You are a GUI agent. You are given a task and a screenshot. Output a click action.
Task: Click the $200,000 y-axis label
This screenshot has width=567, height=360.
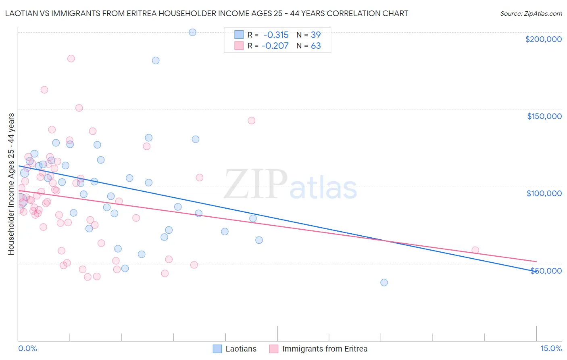(x=543, y=39)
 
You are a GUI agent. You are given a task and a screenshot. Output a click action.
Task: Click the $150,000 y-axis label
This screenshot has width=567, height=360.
(x=544, y=116)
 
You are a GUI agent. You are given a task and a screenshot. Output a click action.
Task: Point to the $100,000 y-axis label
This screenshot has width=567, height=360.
(x=544, y=193)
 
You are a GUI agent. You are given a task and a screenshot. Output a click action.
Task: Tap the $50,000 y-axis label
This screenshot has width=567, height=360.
(x=546, y=270)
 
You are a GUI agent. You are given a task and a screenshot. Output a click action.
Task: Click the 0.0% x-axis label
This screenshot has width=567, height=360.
(x=27, y=348)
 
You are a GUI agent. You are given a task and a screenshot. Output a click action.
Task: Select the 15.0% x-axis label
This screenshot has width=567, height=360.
(x=551, y=348)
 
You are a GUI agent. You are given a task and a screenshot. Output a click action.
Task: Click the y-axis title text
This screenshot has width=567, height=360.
(x=11, y=184)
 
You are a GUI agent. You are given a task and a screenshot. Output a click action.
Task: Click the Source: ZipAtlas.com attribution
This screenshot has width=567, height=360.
(x=531, y=13)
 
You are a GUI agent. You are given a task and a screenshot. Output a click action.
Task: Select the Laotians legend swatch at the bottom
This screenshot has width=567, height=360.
(x=217, y=349)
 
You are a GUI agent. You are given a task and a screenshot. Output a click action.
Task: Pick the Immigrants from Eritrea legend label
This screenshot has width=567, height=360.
(x=325, y=349)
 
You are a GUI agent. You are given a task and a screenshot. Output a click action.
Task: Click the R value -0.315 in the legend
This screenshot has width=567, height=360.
(x=276, y=35)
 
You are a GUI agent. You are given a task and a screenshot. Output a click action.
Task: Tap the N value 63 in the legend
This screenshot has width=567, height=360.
(x=316, y=46)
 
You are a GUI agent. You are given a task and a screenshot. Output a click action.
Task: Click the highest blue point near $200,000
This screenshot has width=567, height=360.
(x=192, y=32)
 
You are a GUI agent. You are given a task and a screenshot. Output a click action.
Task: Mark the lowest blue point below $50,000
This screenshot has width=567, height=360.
(x=384, y=283)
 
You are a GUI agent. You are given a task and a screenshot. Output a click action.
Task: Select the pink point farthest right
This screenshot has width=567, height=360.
(x=475, y=250)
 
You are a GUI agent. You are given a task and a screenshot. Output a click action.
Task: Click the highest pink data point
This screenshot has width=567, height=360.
(x=71, y=59)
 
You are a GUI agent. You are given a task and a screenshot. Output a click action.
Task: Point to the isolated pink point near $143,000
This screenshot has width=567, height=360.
(x=251, y=121)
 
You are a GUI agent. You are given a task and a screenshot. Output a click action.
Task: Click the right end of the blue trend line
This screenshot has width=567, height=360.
(x=536, y=271)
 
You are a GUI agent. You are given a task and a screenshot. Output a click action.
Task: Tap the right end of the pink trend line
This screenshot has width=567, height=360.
(x=536, y=262)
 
